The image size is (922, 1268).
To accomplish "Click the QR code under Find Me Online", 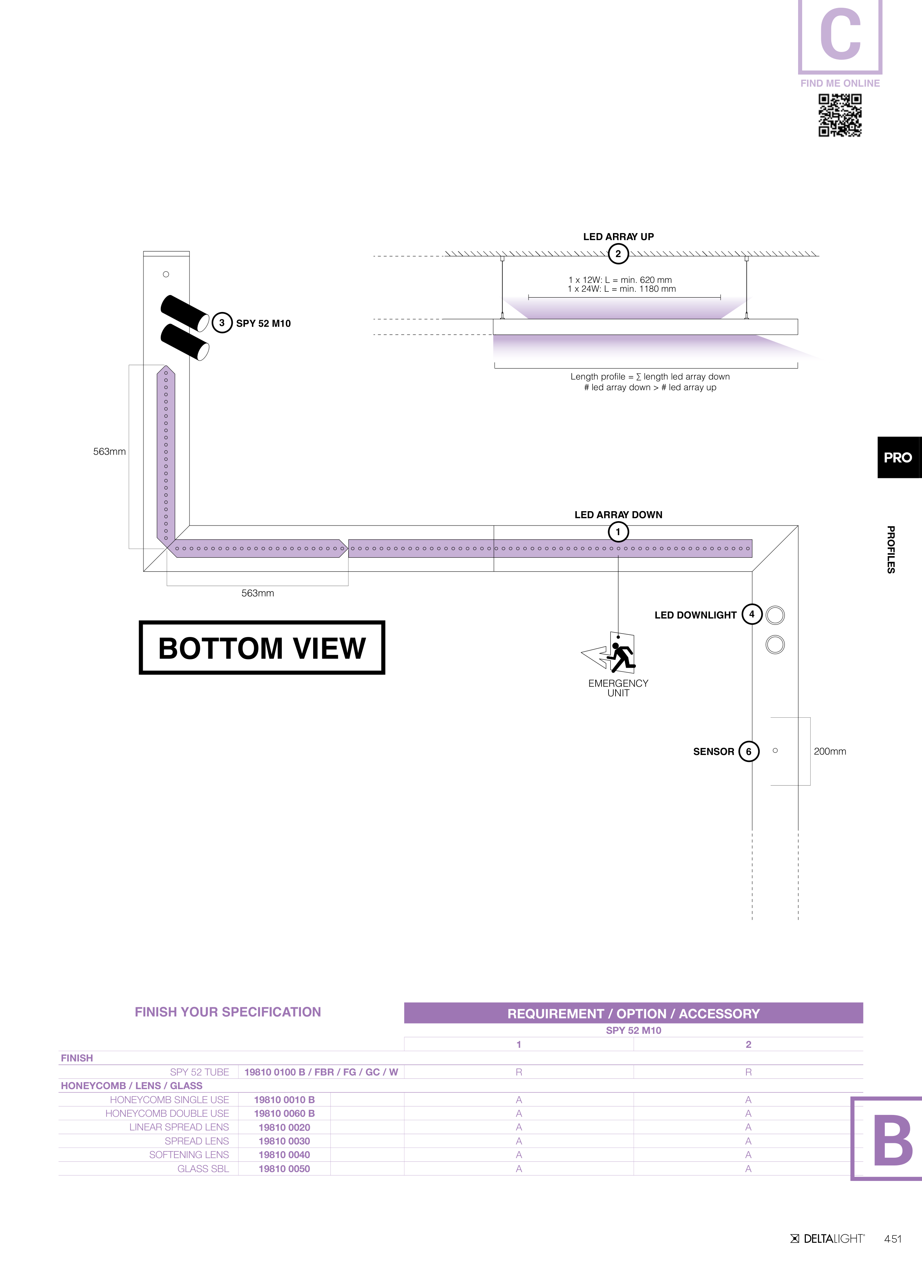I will (x=840, y=115).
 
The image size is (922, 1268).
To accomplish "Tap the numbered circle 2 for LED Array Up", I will (x=618, y=254).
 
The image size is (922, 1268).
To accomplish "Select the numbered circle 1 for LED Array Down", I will (x=618, y=532).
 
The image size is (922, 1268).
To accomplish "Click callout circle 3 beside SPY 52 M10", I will (x=222, y=323).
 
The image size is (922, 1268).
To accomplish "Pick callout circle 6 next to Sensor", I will (x=749, y=751).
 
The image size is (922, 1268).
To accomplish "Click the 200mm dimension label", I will (x=830, y=751).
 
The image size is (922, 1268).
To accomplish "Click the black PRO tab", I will (x=898, y=457).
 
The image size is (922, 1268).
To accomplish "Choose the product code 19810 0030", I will (x=284, y=1141).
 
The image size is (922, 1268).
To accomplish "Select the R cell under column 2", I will (x=748, y=1072).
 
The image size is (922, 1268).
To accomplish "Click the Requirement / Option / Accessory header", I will (x=634, y=1014).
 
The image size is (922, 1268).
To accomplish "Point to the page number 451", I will (x=893, y=1239).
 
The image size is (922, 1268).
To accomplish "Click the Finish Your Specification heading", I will (x=228, y=1012).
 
